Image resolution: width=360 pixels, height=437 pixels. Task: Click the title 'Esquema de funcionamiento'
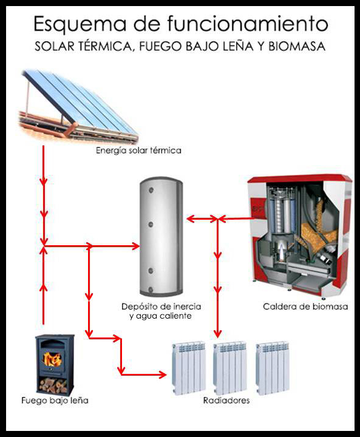[x=181, y=24]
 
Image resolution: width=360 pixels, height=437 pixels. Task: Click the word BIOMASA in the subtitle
[x=297, y=46]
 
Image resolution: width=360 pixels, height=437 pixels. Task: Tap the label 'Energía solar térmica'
[x=138, y=151]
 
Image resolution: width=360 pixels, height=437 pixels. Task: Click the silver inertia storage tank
[x=161, y=236]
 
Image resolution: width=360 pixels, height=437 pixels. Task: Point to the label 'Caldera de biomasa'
[x=305, y=307]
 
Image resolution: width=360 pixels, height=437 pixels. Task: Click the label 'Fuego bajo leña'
[x=55, y=401]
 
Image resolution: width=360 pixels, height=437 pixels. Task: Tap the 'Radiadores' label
[x=226, y=401]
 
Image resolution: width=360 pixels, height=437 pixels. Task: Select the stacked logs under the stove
[x=53, y=385]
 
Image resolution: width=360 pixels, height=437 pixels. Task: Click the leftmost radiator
[x=189, y=368]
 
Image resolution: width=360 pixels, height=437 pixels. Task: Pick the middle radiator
[x=230, y=368]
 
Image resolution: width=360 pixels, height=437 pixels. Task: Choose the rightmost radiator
[x=273, y=368]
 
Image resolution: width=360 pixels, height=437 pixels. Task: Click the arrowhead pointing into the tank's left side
[x=136, y=246]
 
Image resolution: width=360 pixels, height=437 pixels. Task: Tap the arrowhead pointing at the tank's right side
[x=190, y=218]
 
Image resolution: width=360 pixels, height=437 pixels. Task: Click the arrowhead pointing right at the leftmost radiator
[x=163, y=374]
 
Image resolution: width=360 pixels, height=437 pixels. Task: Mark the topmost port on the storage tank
[x=151, y=191]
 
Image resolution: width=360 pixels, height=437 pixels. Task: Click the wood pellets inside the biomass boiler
[x=321, y=229]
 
